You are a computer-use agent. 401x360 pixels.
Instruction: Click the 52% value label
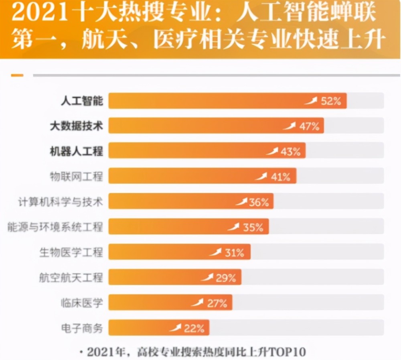pos(331,101)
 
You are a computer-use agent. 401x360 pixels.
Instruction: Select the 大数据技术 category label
pos(76,126)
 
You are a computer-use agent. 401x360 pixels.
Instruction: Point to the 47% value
pos(309,126)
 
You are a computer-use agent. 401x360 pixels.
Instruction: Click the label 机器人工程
pos(76,151)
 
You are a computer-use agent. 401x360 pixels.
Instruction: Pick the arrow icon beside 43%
pos(272,151)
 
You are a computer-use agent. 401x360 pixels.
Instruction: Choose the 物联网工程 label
pos(76,177)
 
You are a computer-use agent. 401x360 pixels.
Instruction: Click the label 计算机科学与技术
pos(61,202)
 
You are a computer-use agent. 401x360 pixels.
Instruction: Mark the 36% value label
pos(259,202)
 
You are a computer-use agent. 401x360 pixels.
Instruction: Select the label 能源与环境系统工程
pos(55,227)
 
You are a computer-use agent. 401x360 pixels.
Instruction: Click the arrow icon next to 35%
pos(233,227)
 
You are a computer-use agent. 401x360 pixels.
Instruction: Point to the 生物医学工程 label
pos(71,252)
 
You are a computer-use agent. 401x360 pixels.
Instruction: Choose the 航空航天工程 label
pos(71,277)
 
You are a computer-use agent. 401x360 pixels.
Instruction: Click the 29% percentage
pos(226,277)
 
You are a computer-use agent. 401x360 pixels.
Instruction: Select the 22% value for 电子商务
pos(194,328)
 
